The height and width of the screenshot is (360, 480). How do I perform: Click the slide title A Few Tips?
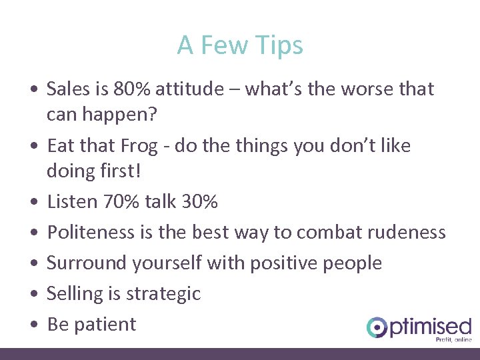point(240,45)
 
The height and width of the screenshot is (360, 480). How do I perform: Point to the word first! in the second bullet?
point(118,171)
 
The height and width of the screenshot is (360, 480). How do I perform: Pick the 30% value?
point(198,201)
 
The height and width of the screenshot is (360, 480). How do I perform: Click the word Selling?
point(74,293)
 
